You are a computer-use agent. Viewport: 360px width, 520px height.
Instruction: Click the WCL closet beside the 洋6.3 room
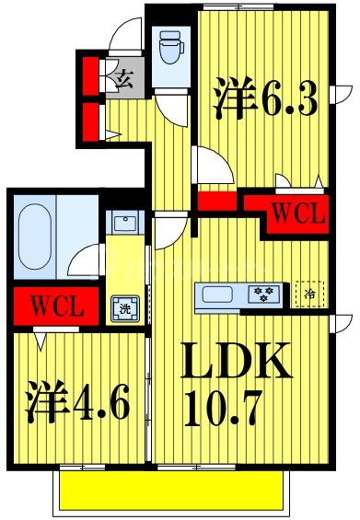pos(296,214)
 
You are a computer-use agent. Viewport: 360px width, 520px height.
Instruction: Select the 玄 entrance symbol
pos(124,78)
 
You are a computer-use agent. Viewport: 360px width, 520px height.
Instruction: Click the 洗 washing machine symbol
pos(123,308)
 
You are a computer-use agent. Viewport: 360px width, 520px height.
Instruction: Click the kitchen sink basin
pos(219,295)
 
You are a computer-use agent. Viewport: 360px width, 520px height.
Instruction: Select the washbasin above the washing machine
pos(123,224)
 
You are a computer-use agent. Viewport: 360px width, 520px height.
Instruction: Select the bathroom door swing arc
pos(87,258)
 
